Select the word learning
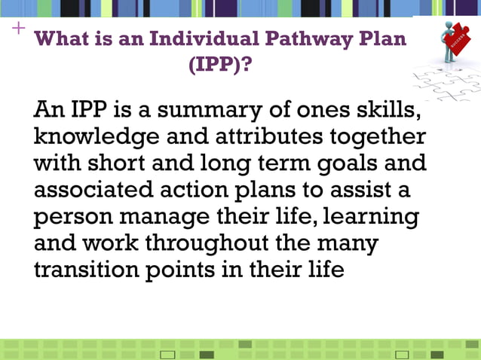coord(372,217)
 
